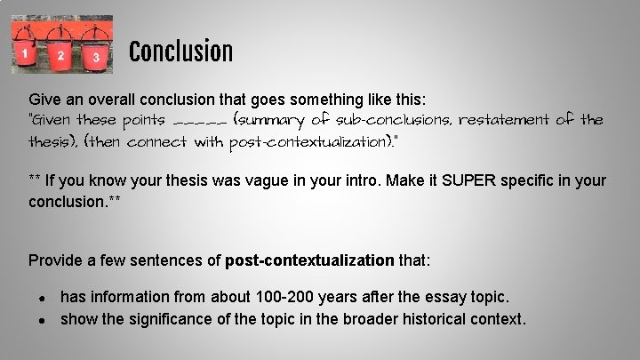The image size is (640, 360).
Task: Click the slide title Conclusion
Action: (x=180, y=52)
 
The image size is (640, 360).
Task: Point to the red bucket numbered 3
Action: (x=95, y=56)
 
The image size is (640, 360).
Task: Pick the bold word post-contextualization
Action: (x=309, y=260)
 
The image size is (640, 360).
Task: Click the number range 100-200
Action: (x=257, y=296)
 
